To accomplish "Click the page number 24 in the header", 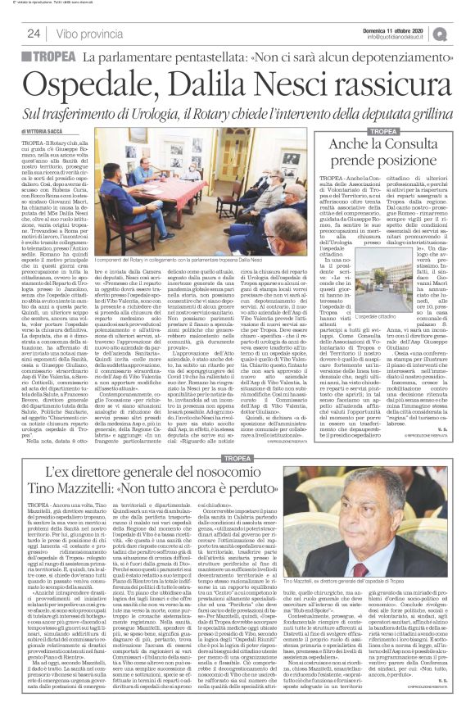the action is (x=34, y=34).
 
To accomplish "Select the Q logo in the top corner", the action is (x=463, y=33).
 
